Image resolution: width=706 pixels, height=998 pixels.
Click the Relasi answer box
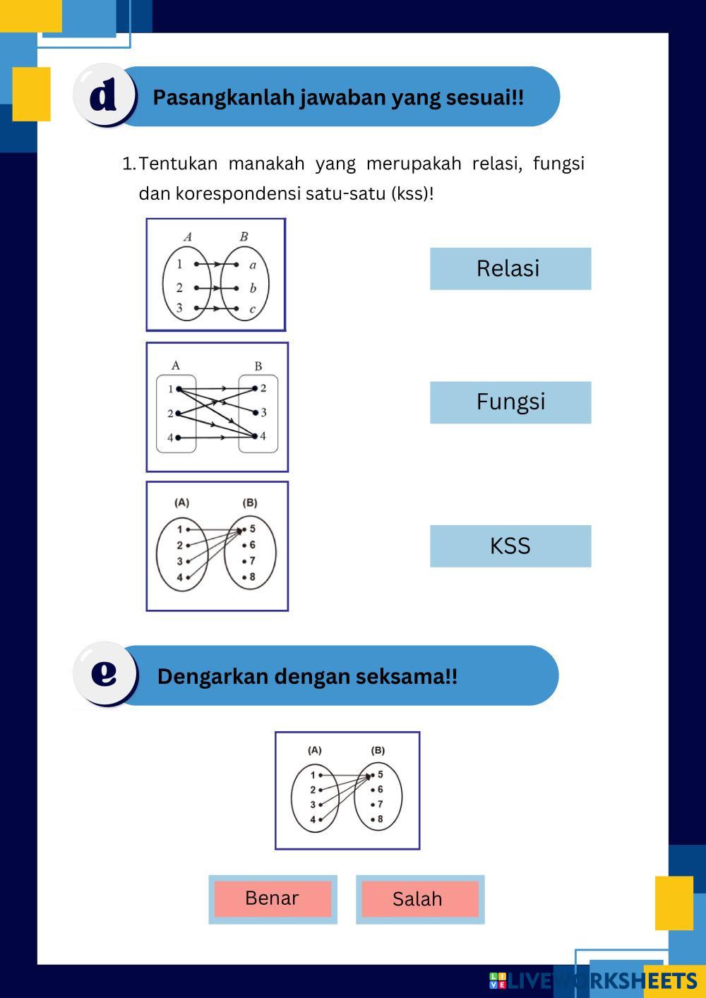[x=510, y=268]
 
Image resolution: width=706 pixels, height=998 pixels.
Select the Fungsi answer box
[x=510, y=402]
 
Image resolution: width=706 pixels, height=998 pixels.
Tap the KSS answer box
[x=510, y=546]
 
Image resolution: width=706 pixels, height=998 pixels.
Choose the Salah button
[x=419, y=899]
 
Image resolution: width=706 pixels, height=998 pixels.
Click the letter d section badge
[x=104, y=95]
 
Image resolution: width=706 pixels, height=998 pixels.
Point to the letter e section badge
[x=104, y=673]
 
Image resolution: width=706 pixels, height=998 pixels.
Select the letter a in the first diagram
[x=253, y=265]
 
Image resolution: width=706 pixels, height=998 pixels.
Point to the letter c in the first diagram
[x=252, y=309]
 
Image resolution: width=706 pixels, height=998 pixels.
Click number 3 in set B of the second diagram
[x=263, y=412]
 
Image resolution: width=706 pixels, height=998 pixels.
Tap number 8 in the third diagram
[x=252, y=577]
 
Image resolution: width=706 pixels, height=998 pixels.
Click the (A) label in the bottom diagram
[x=314, y=750]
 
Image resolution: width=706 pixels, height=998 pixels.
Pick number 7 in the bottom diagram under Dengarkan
[x=380, y=804]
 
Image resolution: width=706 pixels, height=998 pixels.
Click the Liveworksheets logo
[x=593, y=980]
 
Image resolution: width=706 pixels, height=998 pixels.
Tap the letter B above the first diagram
[x=244, y=236]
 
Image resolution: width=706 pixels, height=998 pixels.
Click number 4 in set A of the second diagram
[x=170, y=438]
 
